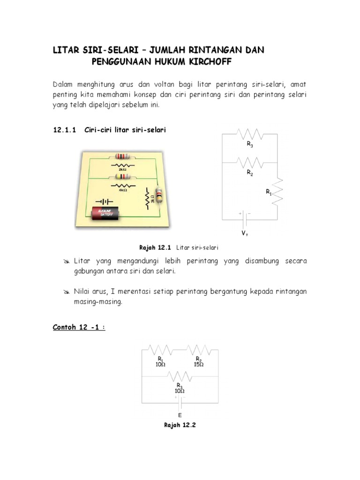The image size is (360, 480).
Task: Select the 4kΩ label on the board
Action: [x=123, y=191]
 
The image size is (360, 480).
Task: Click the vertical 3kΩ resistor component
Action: [x=159, y=195]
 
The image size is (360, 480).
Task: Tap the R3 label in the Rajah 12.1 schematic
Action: [x=250, y=145]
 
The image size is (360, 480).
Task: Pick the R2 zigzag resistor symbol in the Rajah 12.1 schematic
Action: [x=250, y=163]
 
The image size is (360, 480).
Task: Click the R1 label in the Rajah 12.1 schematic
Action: [x=269, y=192]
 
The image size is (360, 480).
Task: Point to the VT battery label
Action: [x=245, y=233]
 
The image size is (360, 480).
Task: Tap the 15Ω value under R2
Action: [x=199, y=364]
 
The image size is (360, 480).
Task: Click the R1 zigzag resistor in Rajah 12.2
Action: [x=160, y=351]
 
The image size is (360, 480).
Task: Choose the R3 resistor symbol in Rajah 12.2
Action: [x=180, y=376]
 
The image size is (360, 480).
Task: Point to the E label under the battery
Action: [x=180, y=415]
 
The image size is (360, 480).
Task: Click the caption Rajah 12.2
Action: [x=180, y=425]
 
